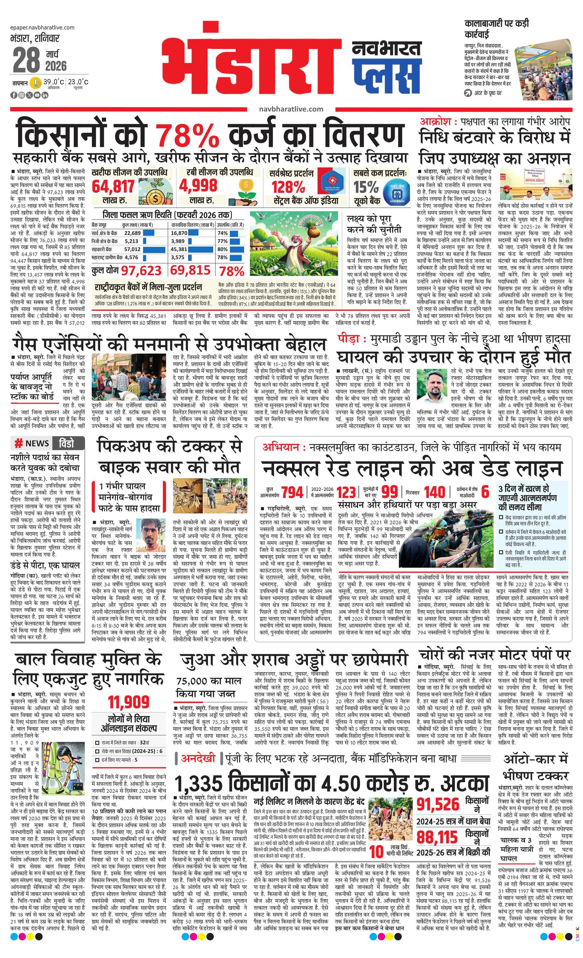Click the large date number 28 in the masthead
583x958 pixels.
pos(27,61)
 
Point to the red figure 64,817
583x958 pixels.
pos(113,187)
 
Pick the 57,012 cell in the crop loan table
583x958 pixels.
pos(132,249)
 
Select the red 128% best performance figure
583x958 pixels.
pos(288,187)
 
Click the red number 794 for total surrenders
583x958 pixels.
pos(292,492)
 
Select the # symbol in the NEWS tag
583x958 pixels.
pos(18,443)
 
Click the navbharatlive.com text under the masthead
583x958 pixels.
pos(291,110)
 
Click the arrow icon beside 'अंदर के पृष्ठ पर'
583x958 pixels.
pos(468,93)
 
